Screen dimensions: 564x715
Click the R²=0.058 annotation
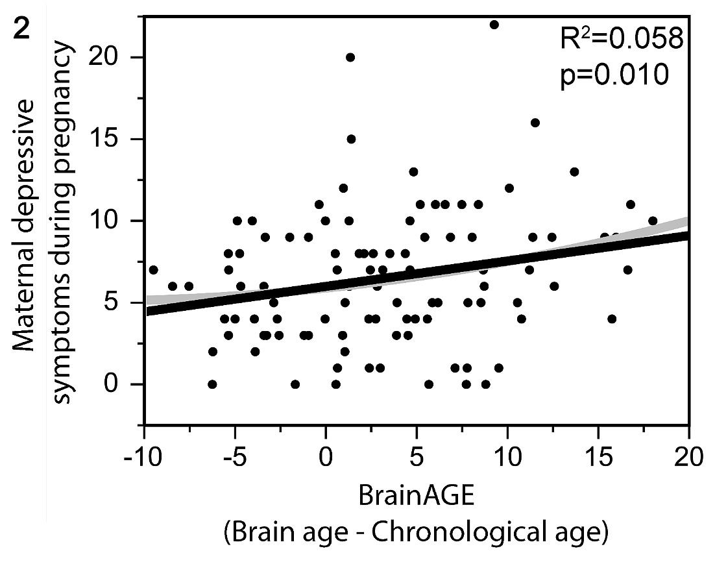[621, 40]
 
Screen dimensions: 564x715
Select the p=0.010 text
[614, 75]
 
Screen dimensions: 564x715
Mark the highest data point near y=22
[494, 25]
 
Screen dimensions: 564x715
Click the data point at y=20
[350, 57]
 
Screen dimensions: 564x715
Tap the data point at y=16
[535, 123]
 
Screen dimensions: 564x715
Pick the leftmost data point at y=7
[153, 269]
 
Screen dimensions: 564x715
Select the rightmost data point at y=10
[653, 221]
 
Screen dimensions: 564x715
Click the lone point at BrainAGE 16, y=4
[612, 319]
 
